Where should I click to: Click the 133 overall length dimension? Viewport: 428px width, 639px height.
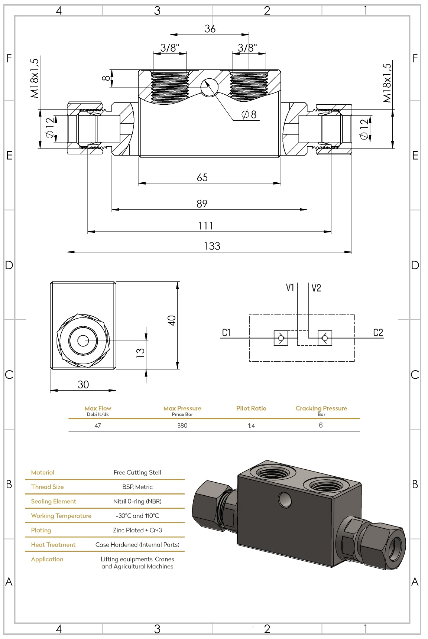pos(212,246)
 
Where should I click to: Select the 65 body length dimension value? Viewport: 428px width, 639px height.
pos(202,177)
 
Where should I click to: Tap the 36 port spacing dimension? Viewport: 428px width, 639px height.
pos(210,29)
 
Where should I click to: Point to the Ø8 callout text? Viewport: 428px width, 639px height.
pos(249,114)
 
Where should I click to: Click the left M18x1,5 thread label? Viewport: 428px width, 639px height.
pos(35,78)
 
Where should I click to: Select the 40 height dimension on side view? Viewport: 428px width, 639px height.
pos(171,320)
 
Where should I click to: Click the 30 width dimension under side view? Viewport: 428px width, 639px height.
pos(83,385)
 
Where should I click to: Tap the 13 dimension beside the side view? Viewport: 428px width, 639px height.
pos(140,352)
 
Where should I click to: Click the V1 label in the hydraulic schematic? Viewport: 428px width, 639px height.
pos(290,287)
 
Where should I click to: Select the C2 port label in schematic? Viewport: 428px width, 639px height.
pos(378,333)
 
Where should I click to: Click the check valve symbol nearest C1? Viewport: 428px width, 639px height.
pos(281,338)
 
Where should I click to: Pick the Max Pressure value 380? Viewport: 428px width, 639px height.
pos(182,426)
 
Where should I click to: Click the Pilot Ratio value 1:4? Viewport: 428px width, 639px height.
pos(251,426)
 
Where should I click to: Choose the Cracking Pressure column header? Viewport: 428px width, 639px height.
pos(321,408)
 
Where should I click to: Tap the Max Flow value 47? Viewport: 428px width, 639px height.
pos(98,426)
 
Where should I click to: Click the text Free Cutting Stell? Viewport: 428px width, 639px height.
pos(137,472)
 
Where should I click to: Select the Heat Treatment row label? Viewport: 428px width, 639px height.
pos(53,545)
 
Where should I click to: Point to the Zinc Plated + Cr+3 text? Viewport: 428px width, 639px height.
pos(137,530)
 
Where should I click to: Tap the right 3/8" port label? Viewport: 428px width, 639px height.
pos(247,48)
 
